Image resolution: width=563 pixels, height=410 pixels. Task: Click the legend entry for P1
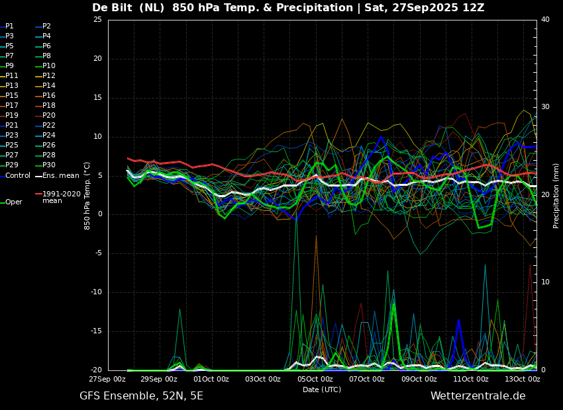pos(7,26)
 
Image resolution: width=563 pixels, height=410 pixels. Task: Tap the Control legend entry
pos(15,176)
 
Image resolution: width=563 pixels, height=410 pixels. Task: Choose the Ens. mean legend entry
pos(57,176)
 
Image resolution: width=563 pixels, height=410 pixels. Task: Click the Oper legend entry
pos(12,202)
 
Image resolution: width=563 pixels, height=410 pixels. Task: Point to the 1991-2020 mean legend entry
pos(58,197)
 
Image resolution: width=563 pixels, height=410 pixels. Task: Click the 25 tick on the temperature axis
pos(97,19)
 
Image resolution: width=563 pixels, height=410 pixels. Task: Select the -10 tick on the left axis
pos(96,292)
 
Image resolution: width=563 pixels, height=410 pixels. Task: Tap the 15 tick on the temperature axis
pos(97,97)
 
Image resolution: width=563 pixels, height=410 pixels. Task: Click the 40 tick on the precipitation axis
pos(545,19)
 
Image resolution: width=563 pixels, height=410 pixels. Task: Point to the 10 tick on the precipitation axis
pos(545,282)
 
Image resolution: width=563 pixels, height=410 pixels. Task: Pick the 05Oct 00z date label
pos(315,379)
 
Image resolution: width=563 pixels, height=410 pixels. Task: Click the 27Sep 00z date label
pos(108,379)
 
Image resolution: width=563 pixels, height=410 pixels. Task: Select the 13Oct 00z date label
pos(523,379)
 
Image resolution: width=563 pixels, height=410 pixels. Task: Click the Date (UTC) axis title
pos(322,389)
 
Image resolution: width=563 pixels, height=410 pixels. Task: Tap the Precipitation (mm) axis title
pos(556,194)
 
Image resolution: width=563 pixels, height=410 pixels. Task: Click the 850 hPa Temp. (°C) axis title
pos(87,196)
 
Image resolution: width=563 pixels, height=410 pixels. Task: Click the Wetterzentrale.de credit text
pos(478,396)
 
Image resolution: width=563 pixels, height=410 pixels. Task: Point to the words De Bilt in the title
pos(112,7)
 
